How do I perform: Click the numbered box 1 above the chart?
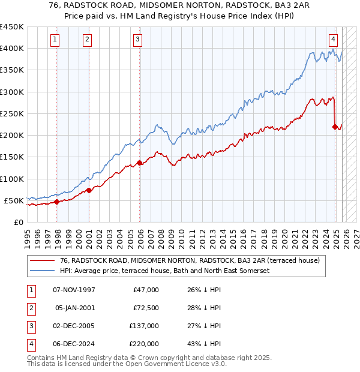tap(55, 40)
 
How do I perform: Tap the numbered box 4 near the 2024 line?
tap(333, 40)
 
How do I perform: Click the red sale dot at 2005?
tap(140, 163)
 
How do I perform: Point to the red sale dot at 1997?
tap(57, 202)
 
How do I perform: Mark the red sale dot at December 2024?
tap(335, 127)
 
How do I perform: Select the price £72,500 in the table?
tap(146, 308)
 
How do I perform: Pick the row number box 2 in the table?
tap(29, 308)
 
